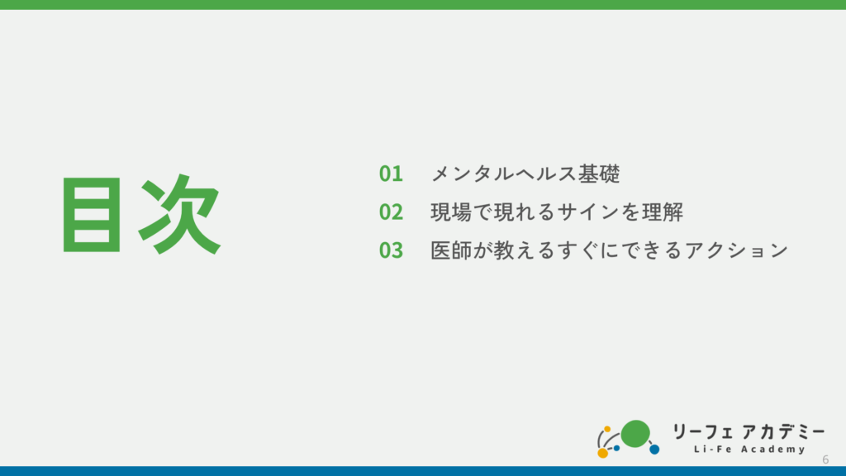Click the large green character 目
[92, 214]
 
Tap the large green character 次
[179, 214]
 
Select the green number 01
[391, 174]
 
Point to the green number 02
[391, 212]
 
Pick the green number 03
[391, 250]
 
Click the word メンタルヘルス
[503, 174]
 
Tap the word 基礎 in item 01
[599, 174]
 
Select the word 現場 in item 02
[451, 212]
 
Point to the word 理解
[663, 212]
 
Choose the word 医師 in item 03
[451, 250]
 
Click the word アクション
[736, 250]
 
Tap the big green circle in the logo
[635, 434]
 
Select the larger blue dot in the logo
[654, 449]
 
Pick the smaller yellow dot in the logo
[607, 429]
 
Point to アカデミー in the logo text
[783, 431]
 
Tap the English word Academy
[773, 450]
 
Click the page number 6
[825, 459]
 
